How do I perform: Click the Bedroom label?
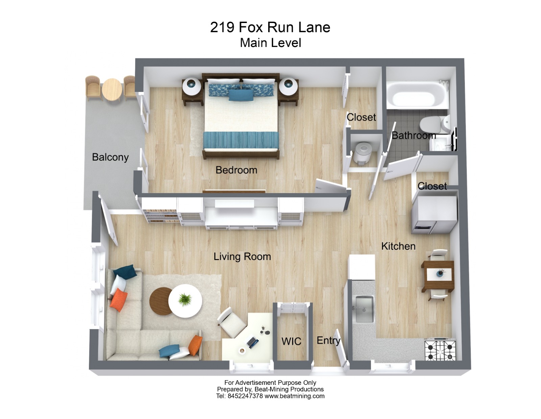tap(236, 170)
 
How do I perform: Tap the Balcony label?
tap(110, 157)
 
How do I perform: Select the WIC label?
tap(291, 341)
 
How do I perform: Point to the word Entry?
tap(328, 340)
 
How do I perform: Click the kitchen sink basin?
tap(364, 309)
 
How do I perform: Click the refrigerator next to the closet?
tap(434, 215)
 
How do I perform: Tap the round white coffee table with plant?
tap(185, 300)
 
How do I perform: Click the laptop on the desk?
tap(253, 342)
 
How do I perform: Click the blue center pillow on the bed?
tap(241, 95)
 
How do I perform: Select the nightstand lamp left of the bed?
tap(191, 86)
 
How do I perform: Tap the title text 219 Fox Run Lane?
tap(270, 27)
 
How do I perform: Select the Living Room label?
tap(242, 257)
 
